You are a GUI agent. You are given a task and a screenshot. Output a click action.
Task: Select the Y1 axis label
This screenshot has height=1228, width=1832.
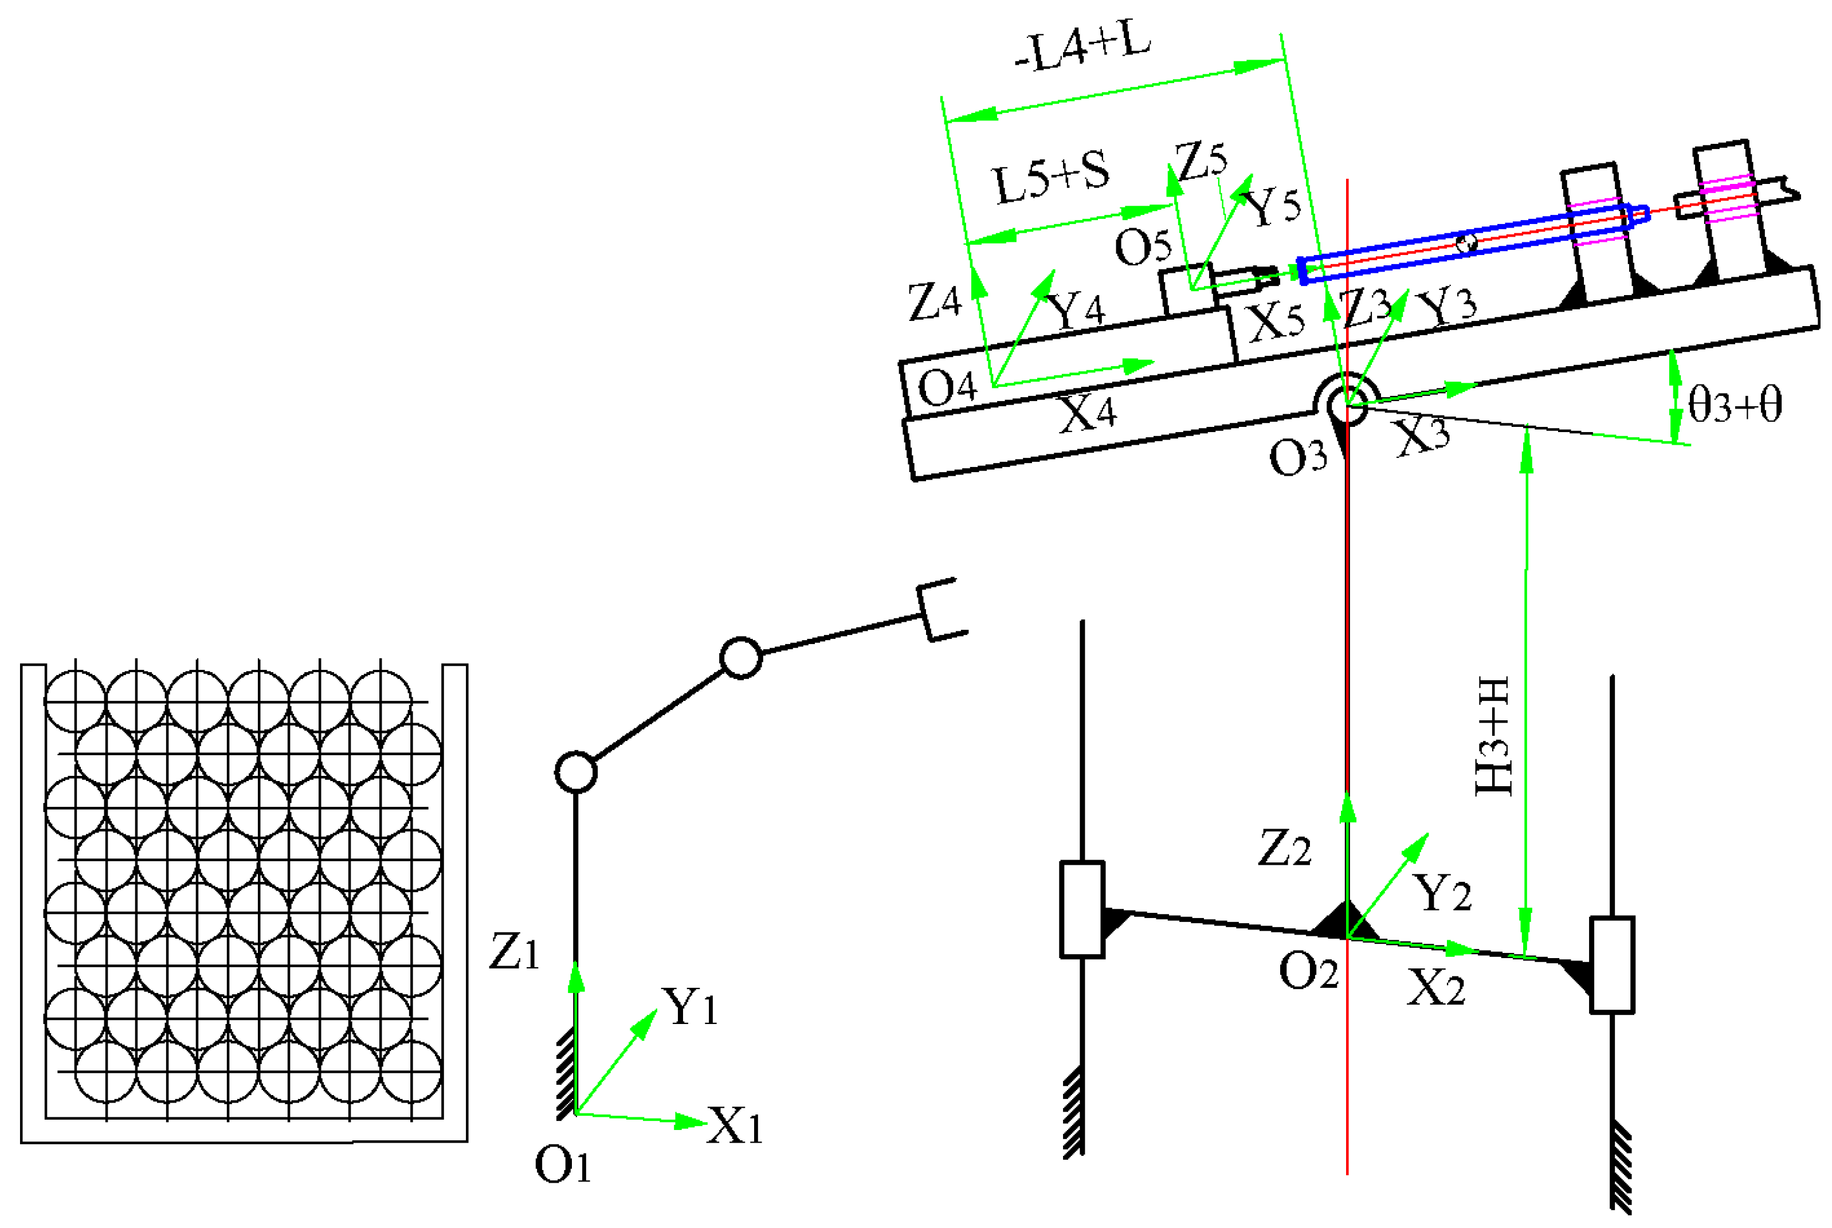(x=689, y=1006)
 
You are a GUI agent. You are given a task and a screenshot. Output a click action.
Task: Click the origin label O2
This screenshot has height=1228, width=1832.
(x=1308, y=972)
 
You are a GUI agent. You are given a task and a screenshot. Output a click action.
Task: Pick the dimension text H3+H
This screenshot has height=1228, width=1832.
(x=1493, y=736)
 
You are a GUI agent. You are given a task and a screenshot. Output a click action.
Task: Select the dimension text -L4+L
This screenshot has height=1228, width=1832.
(x=1082, y=49)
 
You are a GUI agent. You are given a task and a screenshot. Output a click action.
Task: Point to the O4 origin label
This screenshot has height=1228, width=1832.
(x=947, y=387)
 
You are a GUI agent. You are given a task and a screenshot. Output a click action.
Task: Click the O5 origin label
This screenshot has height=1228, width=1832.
(x=1143, y=248)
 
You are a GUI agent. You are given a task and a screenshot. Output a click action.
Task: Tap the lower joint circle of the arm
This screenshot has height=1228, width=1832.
(x=576, y=772)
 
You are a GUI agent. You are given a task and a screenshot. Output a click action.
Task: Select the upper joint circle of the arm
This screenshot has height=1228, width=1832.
(x=740, y=658)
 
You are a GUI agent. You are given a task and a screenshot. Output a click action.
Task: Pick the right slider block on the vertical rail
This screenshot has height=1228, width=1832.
(x=1611, y=964)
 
